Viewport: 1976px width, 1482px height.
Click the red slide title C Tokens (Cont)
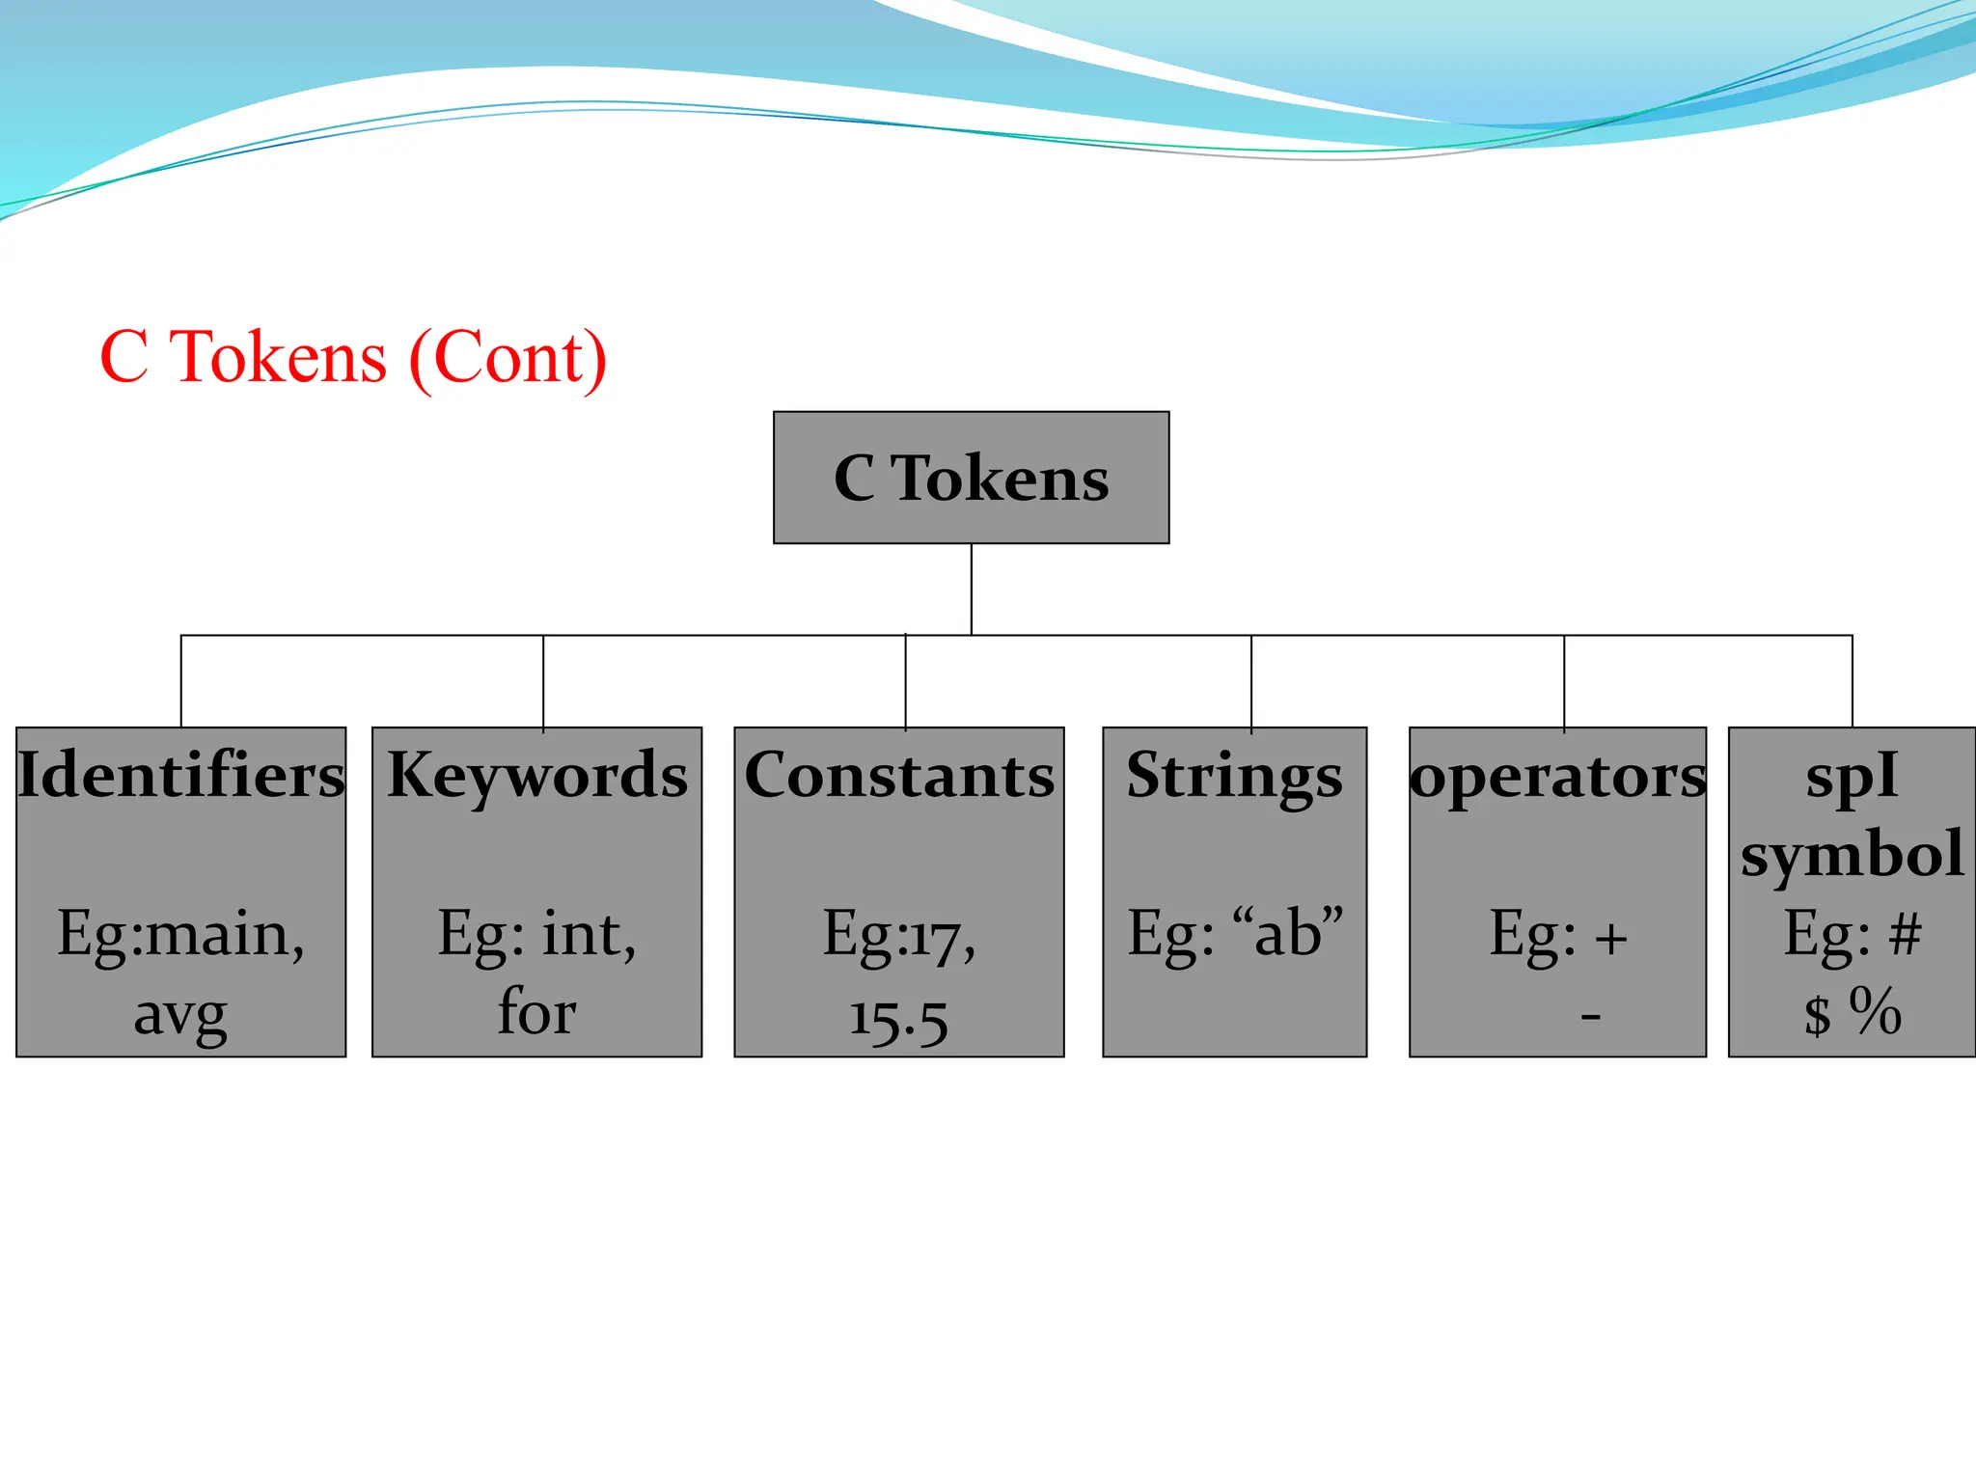point(353,358)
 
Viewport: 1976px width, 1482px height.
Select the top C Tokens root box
point(971,478)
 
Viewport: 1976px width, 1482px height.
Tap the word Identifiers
point(181,775)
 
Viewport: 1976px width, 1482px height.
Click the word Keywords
point(537,775)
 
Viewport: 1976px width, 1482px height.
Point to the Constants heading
point(899,775)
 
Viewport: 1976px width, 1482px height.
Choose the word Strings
point(1234,775)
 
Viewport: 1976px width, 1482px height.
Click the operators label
point(1557,775)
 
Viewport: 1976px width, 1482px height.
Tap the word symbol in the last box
point(1852,854)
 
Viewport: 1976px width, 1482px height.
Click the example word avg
point(180,1015)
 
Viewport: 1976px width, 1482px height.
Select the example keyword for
point(536,1012)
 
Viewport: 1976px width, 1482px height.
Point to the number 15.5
point(898,1019)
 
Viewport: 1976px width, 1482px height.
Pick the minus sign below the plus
point(1591,1016)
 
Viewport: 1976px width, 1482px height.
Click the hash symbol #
point(1905,934)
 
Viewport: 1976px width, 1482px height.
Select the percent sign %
point(1875,1011)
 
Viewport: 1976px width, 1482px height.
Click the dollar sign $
point(1818,1015)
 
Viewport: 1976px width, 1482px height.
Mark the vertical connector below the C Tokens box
point(971,589)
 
